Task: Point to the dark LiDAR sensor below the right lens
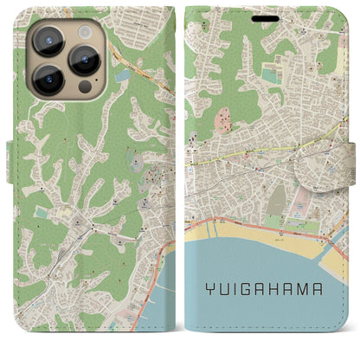pos(86,87)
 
